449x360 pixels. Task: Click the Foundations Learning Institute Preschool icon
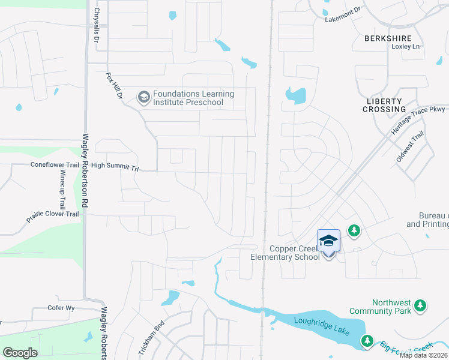coord(143,97)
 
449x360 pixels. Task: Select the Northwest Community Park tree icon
coord(420,306)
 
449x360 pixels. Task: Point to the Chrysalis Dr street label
coord(96,26)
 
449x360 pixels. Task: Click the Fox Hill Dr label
coord(114,86)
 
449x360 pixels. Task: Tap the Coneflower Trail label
coord(55,165)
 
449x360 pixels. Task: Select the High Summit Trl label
coord(115,167)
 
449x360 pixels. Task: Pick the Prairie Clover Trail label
coord(53,217)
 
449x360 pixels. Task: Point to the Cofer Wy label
coord(61,308)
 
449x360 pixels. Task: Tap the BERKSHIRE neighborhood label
coord(388,38)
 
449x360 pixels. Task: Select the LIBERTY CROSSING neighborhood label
coord(384,106)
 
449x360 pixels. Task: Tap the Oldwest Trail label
coord(410,147)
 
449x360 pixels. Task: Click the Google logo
coord(20,353)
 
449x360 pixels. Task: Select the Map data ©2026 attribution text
coord(423,355)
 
